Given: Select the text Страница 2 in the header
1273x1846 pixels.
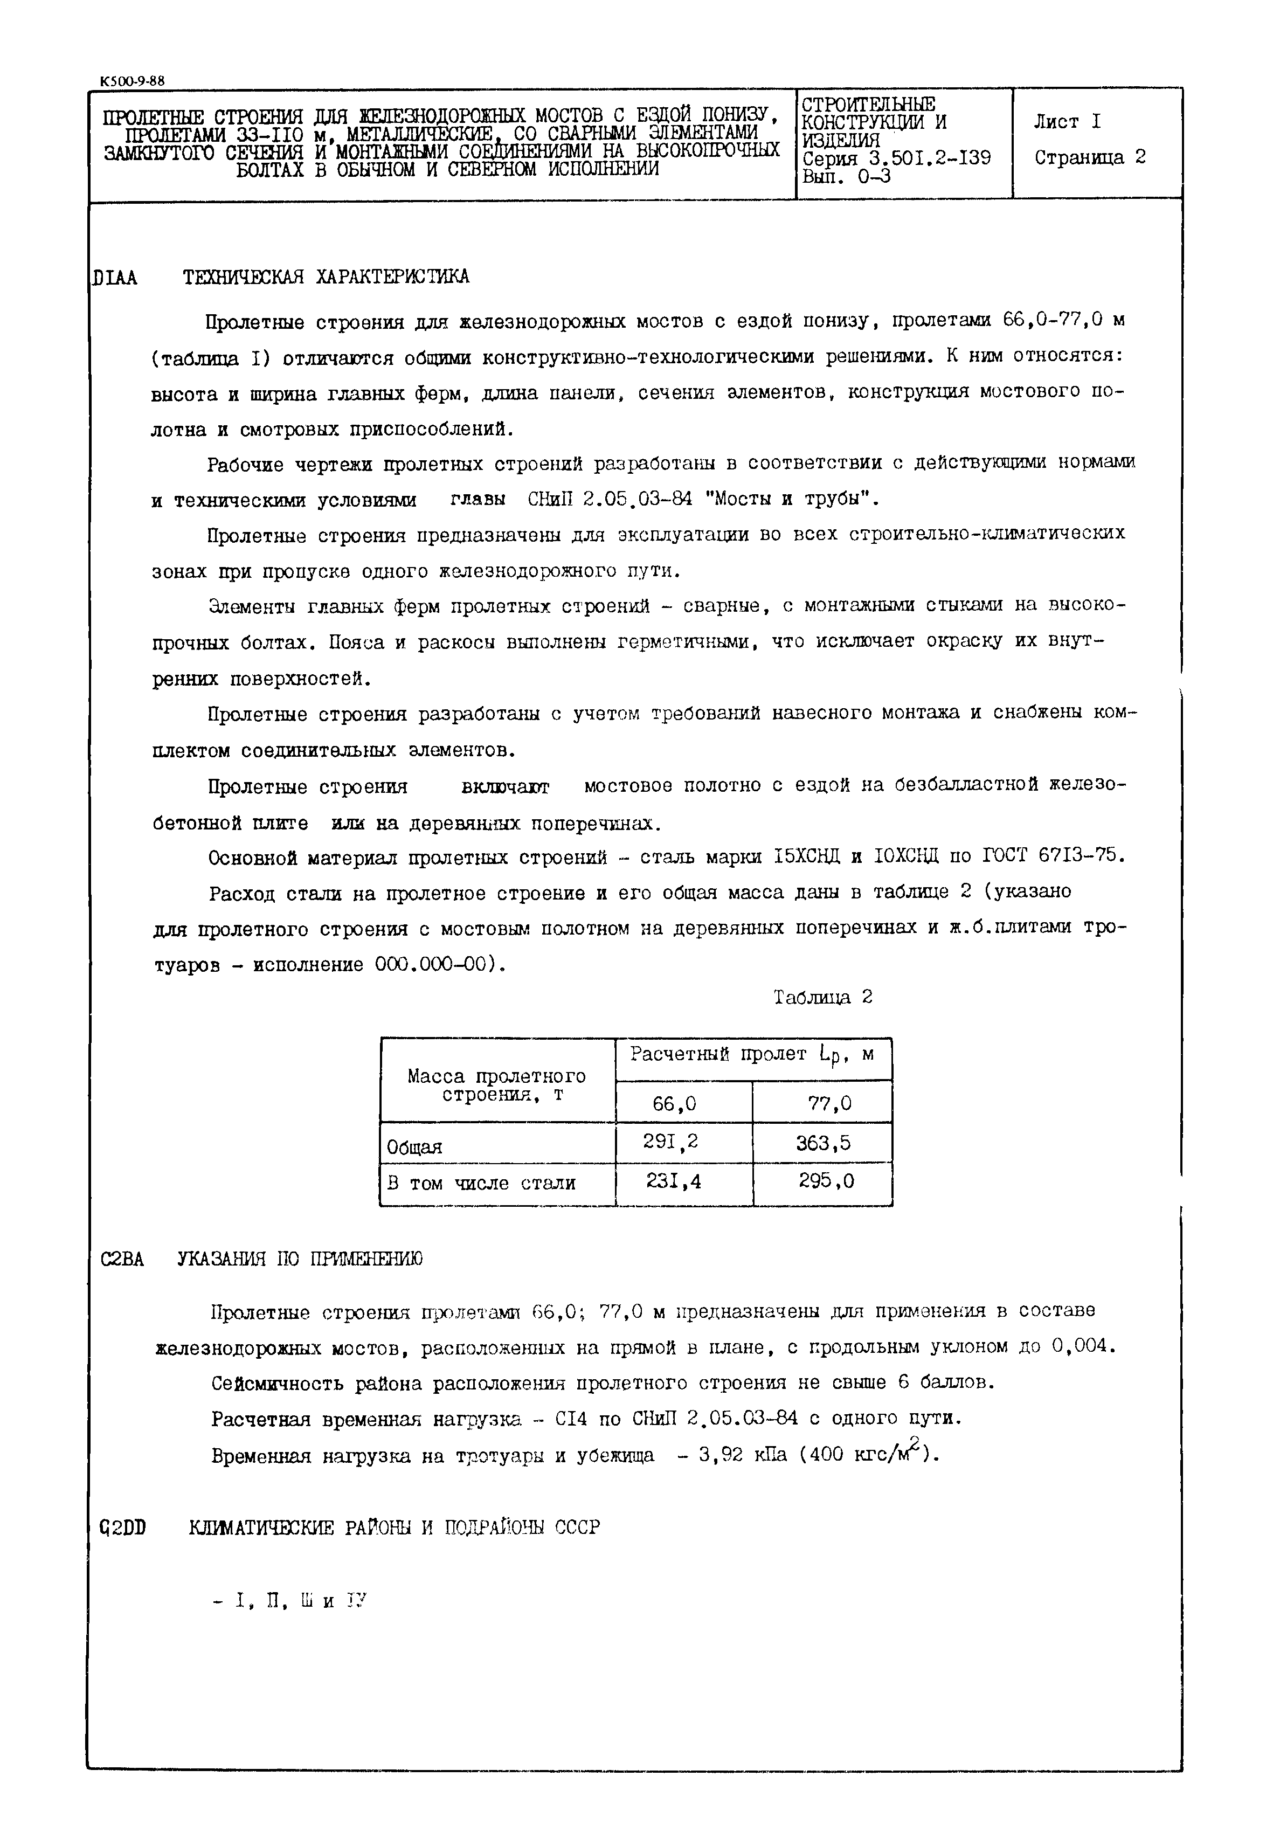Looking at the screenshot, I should [1090, 157].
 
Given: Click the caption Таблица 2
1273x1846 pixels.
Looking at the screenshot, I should [823, 997].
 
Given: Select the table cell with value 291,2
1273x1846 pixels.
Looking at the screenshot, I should [670, 1143].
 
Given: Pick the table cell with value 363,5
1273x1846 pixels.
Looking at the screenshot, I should [823, 1143].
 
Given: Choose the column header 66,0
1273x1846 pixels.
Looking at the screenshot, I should [674, 1104].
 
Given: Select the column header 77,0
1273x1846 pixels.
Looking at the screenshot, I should [829, 1104].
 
